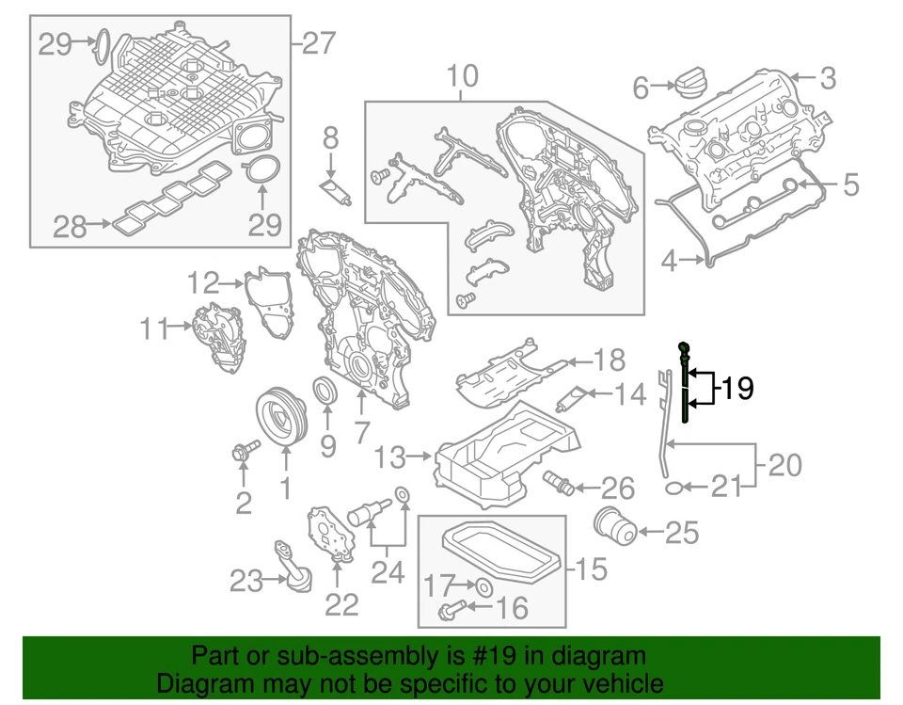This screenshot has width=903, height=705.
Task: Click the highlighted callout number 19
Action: click(x=739, y=388)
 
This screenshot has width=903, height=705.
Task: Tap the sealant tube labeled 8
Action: click(x=338, y=191)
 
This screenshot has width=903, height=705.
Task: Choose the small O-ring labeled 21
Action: click(x=673, y=487)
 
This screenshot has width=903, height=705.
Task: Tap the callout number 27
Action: click(x=319, y=43)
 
